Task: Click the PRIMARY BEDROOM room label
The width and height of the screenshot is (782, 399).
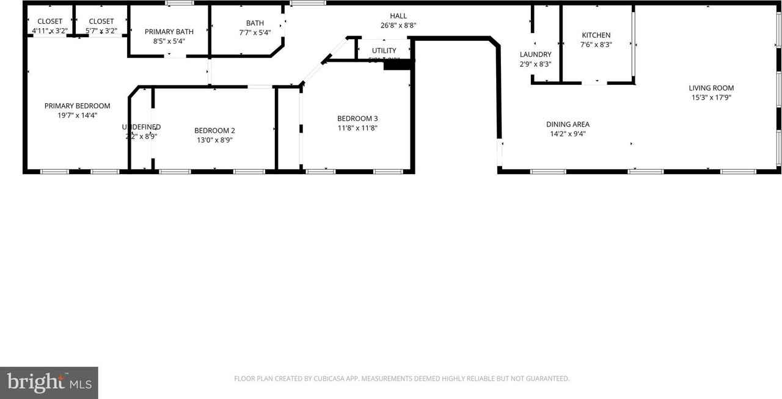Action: tap(77, 106)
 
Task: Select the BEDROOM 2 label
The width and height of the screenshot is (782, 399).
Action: tap(214, 130)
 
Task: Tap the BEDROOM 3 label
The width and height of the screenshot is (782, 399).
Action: tap(357, 119)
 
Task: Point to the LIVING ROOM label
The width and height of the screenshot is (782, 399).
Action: tap(711, 88)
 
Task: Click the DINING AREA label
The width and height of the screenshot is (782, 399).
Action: tap(568, 125)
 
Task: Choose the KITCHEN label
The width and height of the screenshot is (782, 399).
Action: tap(596, 35)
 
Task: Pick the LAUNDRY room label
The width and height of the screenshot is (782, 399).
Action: tap(535, 54)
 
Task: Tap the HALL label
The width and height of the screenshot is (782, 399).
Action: tap(398, 16)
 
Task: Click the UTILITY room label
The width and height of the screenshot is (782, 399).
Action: tap(384, 51)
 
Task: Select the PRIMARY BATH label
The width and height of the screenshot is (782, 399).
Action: tap(169, 32)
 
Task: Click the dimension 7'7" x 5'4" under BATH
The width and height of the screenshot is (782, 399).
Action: tap(255, 33)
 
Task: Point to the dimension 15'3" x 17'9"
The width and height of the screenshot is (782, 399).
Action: tap(711, 97)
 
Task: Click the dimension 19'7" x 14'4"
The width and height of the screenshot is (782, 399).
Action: tap(77, 115)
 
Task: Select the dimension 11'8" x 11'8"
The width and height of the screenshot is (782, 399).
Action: tap(357, 128)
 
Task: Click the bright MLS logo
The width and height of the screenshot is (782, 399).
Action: tap(49, 383)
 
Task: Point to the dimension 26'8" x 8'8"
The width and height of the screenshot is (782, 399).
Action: tap(398, 26)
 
